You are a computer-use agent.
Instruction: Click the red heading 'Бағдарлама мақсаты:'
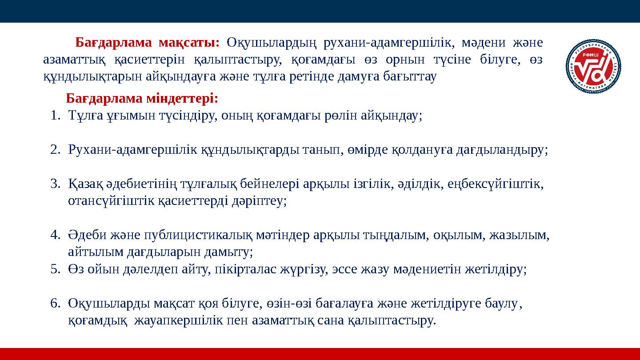tap(148, 43)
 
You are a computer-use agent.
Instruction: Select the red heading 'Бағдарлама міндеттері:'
tap(142, 98)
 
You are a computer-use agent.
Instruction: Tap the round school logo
tap(593, 67)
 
